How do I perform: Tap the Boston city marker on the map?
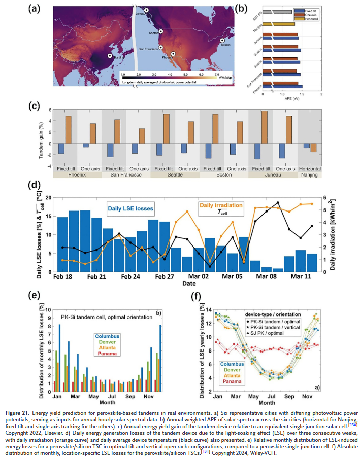coord(222,40)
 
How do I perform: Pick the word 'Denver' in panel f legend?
coord(232,370)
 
